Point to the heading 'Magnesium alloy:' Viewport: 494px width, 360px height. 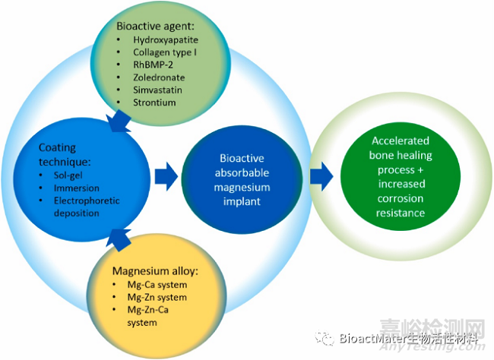[x=156, y=270]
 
